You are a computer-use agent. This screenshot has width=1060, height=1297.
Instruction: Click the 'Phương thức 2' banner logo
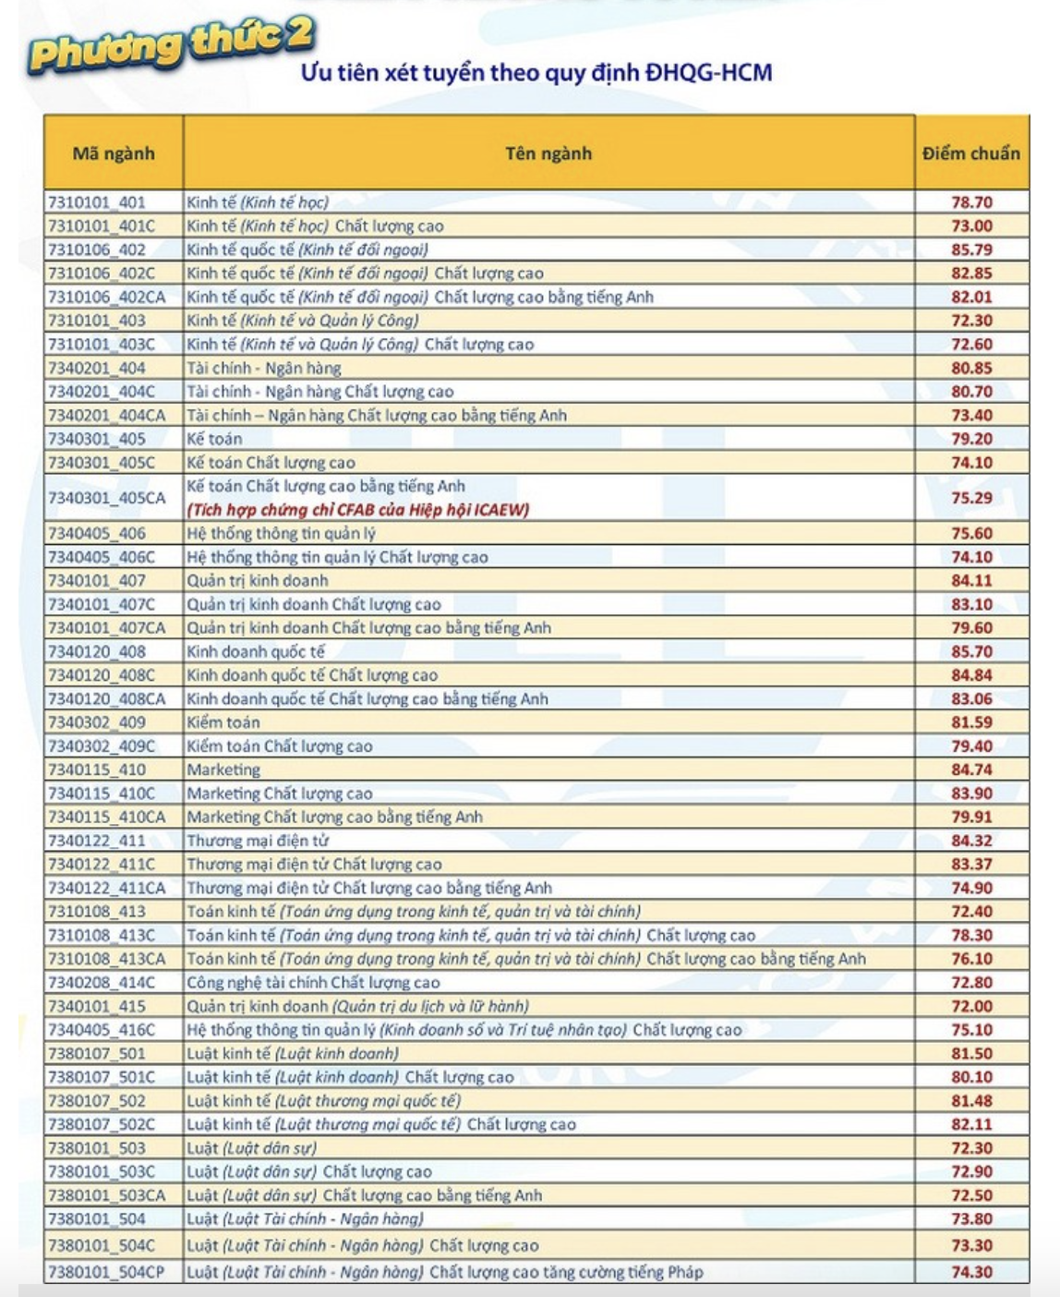coord(171,44)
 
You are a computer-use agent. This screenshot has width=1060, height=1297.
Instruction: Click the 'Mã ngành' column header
coord(114,153)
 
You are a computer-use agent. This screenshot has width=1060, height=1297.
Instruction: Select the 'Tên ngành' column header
coord(548,153)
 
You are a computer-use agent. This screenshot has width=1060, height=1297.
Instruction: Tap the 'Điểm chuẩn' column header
coord(971,153)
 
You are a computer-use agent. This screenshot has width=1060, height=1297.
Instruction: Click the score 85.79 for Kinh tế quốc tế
coord(972,249)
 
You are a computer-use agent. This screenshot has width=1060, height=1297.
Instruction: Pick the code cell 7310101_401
coord(97,202)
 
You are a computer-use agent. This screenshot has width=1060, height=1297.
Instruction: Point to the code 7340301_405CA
coord(107,498)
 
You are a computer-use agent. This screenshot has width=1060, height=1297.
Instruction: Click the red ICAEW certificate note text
coord(358,510)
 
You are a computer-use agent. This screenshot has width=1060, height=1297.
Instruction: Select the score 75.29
coord(972,498)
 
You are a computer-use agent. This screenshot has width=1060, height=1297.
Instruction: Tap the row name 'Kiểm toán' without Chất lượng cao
coord(223,722)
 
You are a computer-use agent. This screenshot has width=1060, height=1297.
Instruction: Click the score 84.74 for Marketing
coord(972,770)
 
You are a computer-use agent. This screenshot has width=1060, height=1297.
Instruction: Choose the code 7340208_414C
coord(102,983)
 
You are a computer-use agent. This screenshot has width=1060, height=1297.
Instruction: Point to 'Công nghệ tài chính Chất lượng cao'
coord(313,983)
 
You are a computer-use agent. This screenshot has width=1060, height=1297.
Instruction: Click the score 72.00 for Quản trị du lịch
coord(972,1006)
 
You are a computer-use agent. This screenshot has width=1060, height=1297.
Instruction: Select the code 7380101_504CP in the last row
coord(106,1272)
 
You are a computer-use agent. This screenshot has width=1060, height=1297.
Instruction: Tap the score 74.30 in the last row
coord(972,1272)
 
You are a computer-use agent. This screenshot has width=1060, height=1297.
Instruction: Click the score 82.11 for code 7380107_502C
coord(972,1124)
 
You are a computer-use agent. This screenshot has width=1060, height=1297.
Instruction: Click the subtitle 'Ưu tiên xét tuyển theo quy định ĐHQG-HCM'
coord(536,73)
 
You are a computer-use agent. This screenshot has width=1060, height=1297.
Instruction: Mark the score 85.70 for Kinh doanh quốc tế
coord(972,651)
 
